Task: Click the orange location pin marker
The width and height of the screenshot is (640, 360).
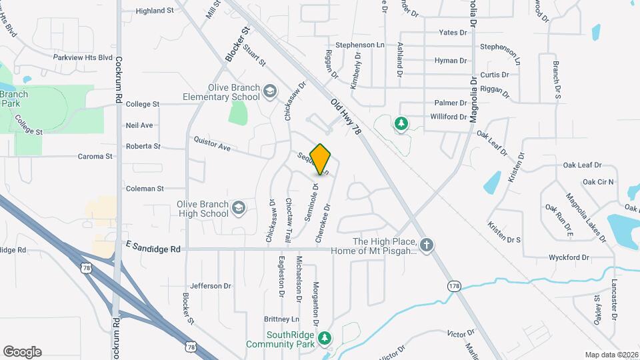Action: pyautogui.click(x=321, y=159)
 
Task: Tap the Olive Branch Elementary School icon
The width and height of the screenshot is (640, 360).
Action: pyautogui.click(x=270, y=91)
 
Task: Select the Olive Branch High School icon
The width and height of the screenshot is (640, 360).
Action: pyautogui.click(x=238, y=209)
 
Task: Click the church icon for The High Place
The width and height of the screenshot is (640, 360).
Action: pyautogui.click(x=427, y=245)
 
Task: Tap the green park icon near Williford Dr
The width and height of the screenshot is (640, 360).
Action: pyautogui.click(x=401, y=123)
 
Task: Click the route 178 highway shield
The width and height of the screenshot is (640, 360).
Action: pyautogui.click(x=454, y=286)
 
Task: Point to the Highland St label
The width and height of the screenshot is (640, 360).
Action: pyautogui.click(x=154, y=11)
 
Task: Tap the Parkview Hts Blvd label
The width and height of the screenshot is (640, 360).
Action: pyautogui.click(x=83, y=58)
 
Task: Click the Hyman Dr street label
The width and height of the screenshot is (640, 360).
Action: pyautogui.click(x=451, y=61)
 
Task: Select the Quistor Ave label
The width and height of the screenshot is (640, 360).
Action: pyautogui.click(x=211, y=143)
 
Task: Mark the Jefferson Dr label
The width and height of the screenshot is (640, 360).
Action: pyautogui.click(x=210, y=286)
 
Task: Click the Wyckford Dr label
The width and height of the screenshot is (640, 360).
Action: pyautogui.click(x=569, y=257)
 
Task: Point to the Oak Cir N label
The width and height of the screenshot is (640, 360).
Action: pyautogui.click(x=598, y=182)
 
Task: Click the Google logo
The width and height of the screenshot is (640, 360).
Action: pyautogui.click(x=22, y=351)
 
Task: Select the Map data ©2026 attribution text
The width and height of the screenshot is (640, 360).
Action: pyautogui.click(x=611, y=355)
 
